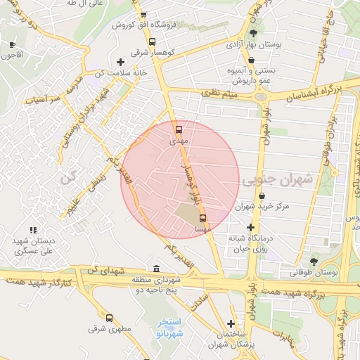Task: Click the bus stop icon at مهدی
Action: click(x=179, y=129)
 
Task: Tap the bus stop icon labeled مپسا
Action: click(x=203, y=218)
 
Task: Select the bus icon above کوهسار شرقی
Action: click(x=153, y=41)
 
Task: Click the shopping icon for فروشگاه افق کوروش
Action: click(x=143, y=15)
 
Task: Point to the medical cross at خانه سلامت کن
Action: click(x=120, y=63)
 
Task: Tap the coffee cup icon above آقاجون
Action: click(x=12, y=44)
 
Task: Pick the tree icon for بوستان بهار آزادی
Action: click(x=253, y=33)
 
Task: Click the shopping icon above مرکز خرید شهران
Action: click(x=262, y=195)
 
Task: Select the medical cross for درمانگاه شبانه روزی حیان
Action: click(x=250, y=227)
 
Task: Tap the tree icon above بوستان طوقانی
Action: click(x=314, y=261)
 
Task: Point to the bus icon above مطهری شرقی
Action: click(x=108, y=318)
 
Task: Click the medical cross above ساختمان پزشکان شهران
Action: click(x=231, y=323)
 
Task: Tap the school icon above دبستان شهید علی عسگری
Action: click(x=32, y=230)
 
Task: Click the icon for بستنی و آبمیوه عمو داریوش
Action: click(x=251, y=60)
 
